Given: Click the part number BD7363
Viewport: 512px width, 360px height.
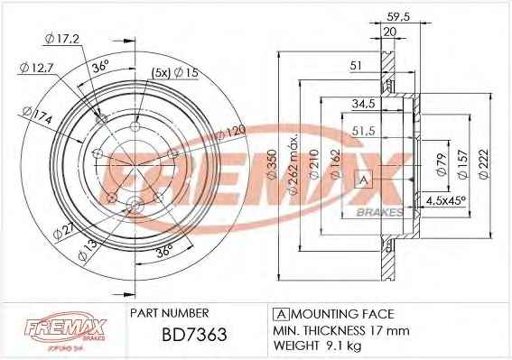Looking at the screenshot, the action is click(194, 334).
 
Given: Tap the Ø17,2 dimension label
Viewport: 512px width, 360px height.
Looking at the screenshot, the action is click(62, 40).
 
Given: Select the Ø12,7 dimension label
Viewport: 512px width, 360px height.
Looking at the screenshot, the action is click(36, 68).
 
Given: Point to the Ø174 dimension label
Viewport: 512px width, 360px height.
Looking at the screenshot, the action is click(37, 115).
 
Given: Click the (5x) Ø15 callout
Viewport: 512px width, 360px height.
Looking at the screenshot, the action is click(174, 73).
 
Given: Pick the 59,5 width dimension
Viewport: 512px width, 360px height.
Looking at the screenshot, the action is click(397, 16).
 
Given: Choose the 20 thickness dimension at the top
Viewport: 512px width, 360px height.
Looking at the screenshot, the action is click(390, 32).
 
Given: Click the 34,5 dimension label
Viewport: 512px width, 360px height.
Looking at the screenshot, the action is click(363, 104).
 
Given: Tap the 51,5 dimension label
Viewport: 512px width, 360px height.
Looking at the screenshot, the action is click(363, 131).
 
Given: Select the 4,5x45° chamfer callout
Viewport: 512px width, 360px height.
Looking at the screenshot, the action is click(446, 200).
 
